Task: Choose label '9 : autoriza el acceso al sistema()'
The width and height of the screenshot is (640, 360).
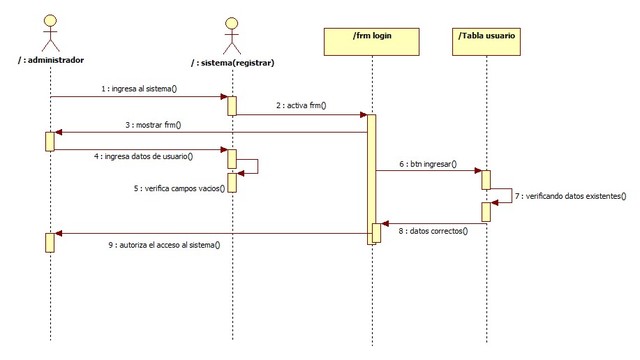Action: [165, 245]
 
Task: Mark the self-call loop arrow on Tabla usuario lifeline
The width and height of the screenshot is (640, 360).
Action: [505, 196]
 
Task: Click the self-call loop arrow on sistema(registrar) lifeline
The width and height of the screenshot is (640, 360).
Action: [250, 167]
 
